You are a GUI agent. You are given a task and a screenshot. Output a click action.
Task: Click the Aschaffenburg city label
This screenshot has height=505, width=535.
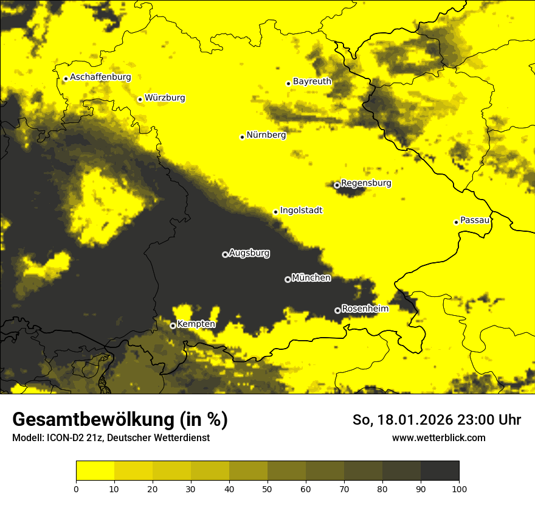point(100,77)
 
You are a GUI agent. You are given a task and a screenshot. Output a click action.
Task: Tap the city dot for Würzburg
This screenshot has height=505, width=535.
point(140,99)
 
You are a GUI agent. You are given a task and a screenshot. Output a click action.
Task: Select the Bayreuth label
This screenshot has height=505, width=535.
point(312,82)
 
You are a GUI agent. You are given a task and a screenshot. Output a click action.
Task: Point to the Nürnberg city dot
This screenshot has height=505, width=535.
point(242,137)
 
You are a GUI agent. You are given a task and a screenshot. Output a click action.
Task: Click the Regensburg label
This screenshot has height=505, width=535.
point(366,183)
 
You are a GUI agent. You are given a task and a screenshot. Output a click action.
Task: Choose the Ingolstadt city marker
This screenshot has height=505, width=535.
point(275,212)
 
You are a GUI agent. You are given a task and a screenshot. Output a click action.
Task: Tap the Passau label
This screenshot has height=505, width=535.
point(475,220)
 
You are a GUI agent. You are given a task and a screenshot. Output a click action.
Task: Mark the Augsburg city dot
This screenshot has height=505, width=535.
point(225,254)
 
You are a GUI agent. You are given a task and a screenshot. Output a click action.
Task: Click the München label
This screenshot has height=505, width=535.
point(311,278)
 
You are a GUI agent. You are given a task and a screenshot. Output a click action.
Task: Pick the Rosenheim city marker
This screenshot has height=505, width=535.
point(337,310)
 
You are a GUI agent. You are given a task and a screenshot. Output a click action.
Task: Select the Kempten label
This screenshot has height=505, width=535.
point(196,324)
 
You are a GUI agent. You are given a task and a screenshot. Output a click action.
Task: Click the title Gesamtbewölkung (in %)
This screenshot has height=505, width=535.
point(120,420)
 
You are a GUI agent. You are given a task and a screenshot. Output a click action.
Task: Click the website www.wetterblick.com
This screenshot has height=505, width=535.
point(439,438)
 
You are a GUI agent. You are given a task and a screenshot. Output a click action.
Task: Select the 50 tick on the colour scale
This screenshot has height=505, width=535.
point(267,488)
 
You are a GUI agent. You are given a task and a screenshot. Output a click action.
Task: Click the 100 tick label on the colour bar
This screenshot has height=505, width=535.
point(458,488)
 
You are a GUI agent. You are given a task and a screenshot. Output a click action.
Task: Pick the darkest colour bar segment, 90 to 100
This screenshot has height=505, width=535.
point(440,470)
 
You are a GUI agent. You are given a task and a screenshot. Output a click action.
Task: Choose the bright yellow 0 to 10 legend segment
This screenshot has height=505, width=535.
point(95,470)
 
